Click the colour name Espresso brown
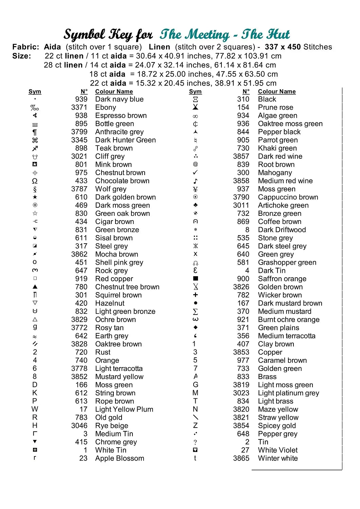121,116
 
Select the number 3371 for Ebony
79,108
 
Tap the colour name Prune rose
275,108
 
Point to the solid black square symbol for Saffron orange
195,279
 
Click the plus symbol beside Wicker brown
195,295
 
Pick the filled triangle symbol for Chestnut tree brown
35,287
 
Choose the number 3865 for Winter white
241,458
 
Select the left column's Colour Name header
114,92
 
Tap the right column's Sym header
195,92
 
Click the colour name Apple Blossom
120,458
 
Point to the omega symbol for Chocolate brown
35,181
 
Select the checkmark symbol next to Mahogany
195,173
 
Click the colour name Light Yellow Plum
124,410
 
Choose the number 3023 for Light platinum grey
241,393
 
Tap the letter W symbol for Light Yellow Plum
35,409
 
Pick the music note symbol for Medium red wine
195,181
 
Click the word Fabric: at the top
26,47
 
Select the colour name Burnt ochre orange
289,320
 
